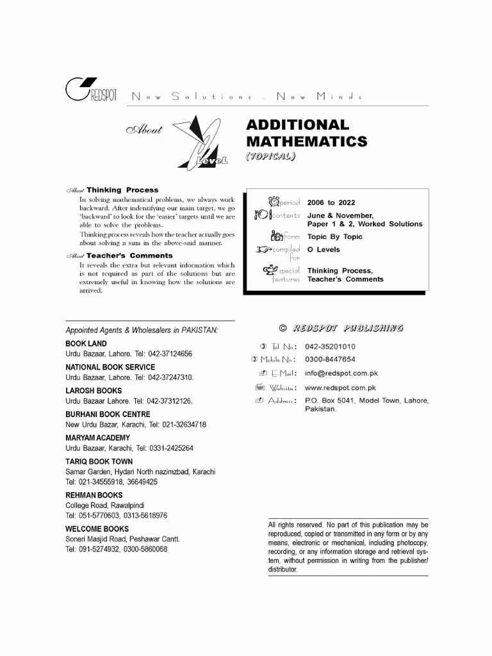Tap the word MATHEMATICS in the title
[307, 142]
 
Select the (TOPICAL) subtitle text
[270, 156]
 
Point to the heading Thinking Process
[122, 190]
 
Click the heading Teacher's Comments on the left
[125, 256]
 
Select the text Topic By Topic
[334, 237]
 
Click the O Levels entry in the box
[324, 250]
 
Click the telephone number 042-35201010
[330, 347]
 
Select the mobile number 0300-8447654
[330, 359]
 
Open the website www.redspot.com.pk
[340, 388]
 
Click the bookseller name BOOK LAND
[86, 344]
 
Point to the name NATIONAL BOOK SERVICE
[110, 367]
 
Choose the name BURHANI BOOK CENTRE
[108, 414]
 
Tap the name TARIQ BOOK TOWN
[99, 461]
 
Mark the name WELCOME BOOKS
[97, 529]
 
